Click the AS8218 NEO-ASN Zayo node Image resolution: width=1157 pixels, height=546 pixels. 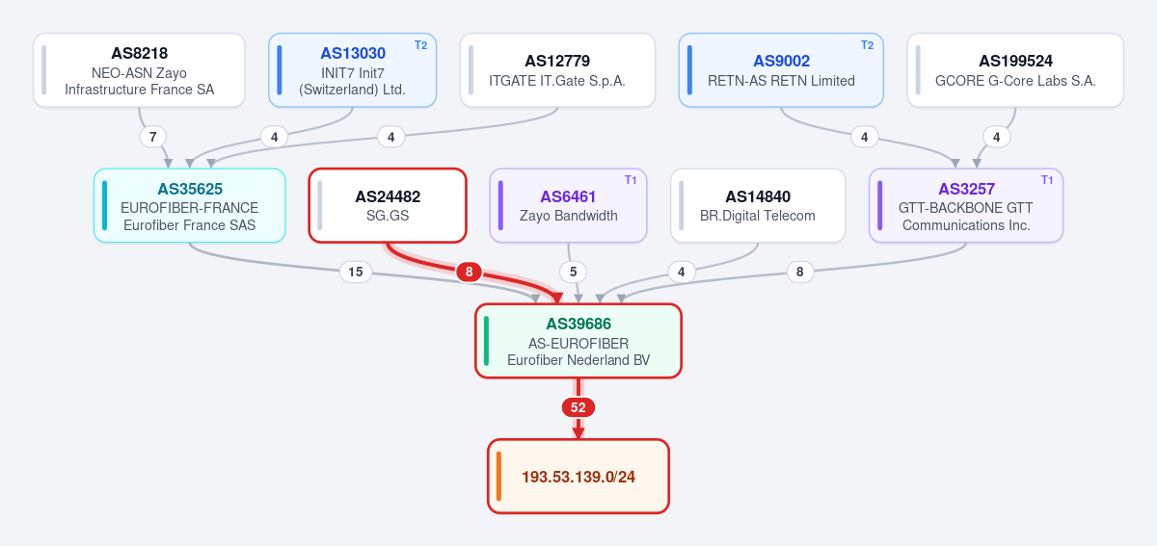(139, 70)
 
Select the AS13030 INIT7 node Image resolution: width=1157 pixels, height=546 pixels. (352, 70)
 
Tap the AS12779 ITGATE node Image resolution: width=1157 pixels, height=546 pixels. (557, 70)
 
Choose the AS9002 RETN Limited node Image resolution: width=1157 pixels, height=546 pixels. (781, 70)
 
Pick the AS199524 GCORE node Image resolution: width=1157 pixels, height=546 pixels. (1015, 70)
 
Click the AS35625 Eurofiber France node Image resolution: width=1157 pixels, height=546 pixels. (190, 205)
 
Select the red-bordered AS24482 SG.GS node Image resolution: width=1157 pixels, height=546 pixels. (388, 205)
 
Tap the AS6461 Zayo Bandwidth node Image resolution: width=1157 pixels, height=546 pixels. (568, 205)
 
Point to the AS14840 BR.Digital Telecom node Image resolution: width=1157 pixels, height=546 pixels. (758, 205)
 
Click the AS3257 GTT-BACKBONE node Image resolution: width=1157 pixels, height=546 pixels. (966, 205)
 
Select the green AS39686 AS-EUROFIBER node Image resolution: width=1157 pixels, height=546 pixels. (578, 341)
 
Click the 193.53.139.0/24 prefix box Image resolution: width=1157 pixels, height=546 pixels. (578, 477)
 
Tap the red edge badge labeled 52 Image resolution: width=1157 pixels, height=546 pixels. (578, 407)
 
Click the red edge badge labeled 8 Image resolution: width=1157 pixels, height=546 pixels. (469, 272)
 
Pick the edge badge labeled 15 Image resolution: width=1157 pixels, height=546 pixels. (356, 272)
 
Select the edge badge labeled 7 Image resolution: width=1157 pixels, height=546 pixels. (153, 137)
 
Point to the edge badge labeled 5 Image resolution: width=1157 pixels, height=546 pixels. (574, 272)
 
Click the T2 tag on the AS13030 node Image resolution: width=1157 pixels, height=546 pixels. (421, 45)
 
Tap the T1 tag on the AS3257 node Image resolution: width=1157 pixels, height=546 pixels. (1047, 180)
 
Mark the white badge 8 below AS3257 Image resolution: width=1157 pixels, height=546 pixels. (800, 272)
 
